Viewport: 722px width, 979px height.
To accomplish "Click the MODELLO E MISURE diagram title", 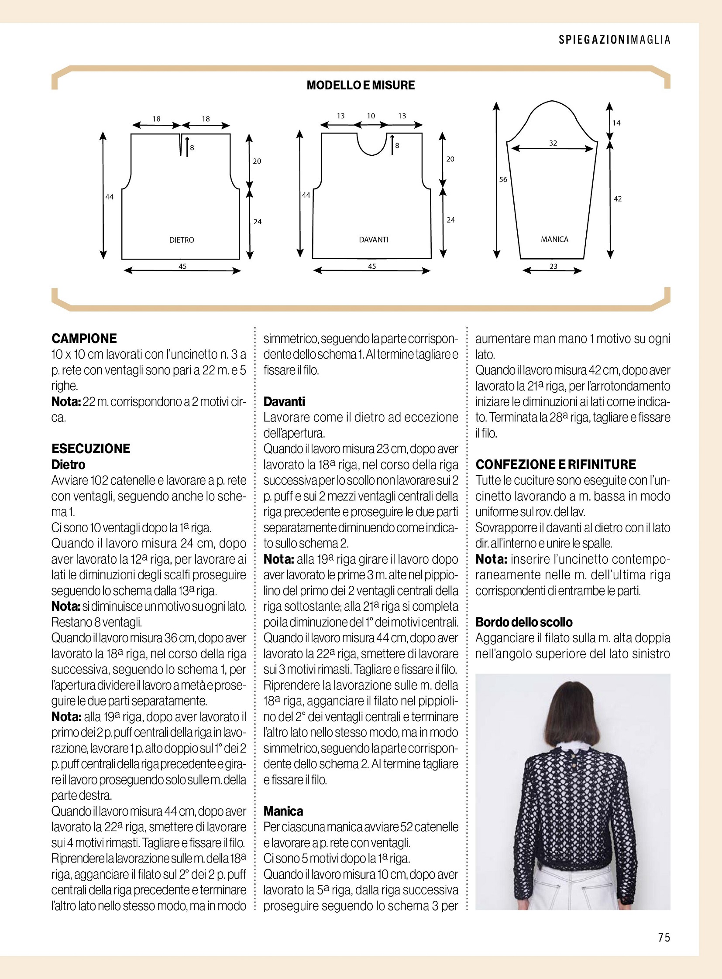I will pyautogui.click(x=361, y=85).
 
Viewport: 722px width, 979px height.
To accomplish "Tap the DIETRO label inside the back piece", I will pyautogui.click(x=182, y=240).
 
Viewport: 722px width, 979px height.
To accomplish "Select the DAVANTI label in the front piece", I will pyautogui.click(x=373, y=240).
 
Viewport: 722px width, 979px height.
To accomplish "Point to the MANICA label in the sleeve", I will pyautogui.click(x=554, y=240).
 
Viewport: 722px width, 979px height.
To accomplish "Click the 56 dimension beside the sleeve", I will pyautogui.click(x=503, y=180).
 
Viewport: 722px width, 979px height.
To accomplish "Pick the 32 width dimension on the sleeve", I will pyautogui.click(x=553, y=143).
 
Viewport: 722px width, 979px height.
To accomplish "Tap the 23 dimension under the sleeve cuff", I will pyautogui.click(x=554, y=266).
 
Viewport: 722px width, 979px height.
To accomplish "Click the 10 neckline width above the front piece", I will pyautogui.click(x=371, y=116).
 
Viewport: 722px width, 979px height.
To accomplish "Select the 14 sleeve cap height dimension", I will pyautogui.click(x=616, y=123).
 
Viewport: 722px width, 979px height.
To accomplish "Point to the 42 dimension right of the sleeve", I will pyautogui.click(x=617, y=199).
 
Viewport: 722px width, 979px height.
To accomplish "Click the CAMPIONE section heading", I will pyautogui.click(x=84, y=338).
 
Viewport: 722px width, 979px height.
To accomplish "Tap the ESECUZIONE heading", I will pyautogui.click(x=91, y=448).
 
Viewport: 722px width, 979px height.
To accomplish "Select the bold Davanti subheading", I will pyautogui.click(x=284, y=401).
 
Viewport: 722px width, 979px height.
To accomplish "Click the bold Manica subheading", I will pyautogui.click(x=283, y=811).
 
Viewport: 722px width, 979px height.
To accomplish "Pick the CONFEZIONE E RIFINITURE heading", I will pyautogui.click(x=556, y=464).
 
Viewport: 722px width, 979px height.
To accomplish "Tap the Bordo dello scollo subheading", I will pyautogui.click(x=523, y=622).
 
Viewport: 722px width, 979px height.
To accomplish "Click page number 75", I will pyautogui.click(x=664, y=937).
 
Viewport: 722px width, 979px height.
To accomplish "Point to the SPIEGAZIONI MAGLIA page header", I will pyautogui.click(x=614, y=40).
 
